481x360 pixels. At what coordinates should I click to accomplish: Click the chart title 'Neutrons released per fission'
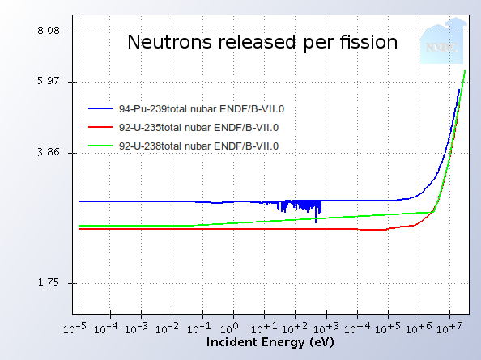(262, 42)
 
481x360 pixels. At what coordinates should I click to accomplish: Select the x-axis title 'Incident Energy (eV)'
(270, 342)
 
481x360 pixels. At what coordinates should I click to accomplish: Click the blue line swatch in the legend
(101, 108)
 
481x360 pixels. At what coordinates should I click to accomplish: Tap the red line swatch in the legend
(101, 127)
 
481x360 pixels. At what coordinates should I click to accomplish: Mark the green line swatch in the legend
(101, 146)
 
